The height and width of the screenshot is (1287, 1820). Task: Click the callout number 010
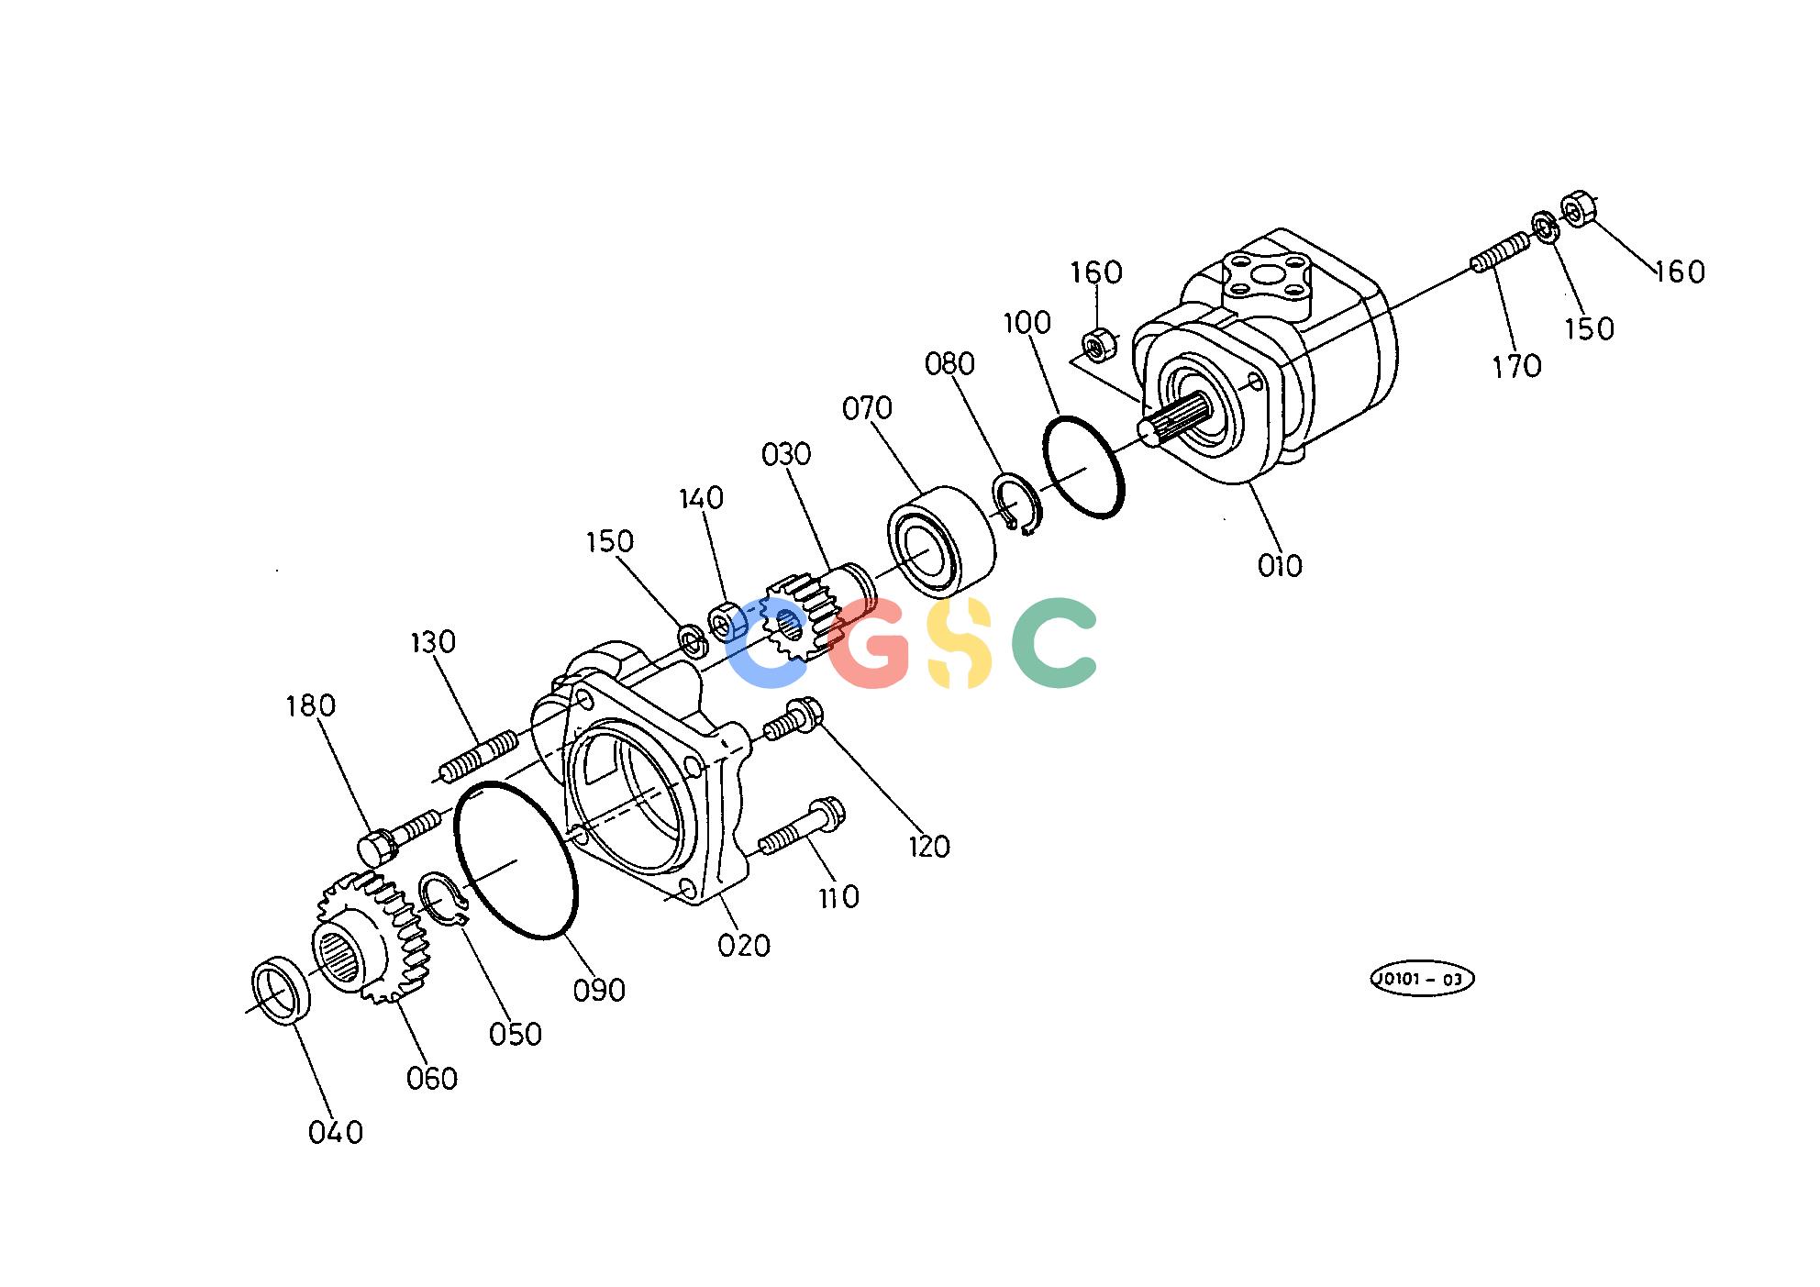1280,566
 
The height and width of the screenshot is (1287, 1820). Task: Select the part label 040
336,1133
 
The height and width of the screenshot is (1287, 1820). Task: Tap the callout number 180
310,705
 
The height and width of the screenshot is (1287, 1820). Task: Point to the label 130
432,642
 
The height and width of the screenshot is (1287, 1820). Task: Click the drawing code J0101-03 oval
1421,980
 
